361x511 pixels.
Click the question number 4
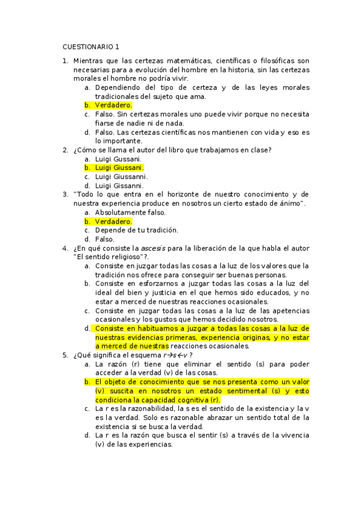[x=65, y=248]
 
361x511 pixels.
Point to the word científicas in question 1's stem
[x=232, y=61]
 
